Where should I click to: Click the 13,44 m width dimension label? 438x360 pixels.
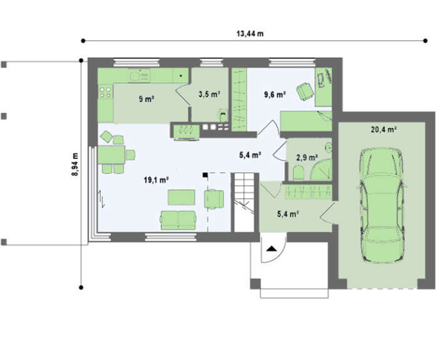point(250,34)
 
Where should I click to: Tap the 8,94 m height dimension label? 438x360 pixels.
point(75,164)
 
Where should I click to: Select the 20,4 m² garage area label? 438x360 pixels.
point(384,130)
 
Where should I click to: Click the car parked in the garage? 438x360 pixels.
point(382,205)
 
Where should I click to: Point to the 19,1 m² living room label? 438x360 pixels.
point(156,180)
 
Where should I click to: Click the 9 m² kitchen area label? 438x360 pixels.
point(146,99)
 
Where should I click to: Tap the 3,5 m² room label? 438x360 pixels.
point(209,94)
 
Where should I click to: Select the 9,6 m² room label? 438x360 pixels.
point(275,95)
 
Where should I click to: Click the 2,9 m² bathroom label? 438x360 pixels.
point(307,158)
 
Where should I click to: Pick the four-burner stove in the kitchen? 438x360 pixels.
point(105,92)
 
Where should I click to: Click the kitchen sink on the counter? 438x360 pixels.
point(139,75)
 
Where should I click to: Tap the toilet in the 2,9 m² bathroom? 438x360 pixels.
point(298,173)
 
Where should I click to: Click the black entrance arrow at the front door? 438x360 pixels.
point(271,249)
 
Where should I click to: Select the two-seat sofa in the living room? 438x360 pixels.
point(178,220)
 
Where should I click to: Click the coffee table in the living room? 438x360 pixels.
point(181,197)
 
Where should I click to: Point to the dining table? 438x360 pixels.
point(111,155)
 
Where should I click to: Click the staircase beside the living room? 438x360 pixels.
point(244,202)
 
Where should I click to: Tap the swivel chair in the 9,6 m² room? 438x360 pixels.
point(305,91)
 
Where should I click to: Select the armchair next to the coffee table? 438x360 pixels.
point(214,199)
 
